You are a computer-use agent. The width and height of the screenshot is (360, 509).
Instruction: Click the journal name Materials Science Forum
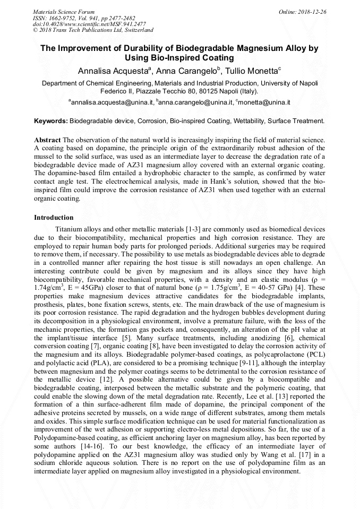pos(64,11)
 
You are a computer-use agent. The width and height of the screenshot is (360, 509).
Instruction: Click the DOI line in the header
pos(71,24)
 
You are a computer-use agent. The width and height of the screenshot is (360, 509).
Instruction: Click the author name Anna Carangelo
pos(186,71)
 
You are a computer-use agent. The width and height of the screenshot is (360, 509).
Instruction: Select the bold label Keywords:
pos(51,121)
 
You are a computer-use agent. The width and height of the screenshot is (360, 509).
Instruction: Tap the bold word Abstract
pos(47,140)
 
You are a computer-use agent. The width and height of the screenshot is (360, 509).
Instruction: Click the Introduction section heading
pos(54,218)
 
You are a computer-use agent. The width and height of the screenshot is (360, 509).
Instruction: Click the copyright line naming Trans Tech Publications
pos(93,30)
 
